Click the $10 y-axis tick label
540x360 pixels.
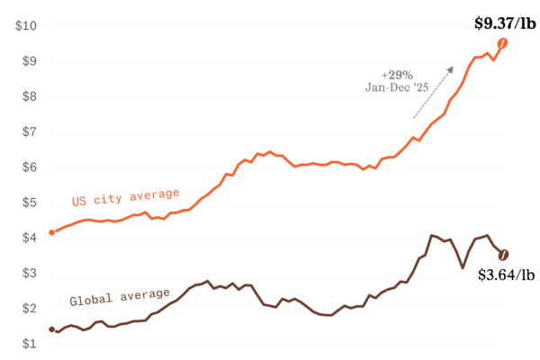pos(26,26)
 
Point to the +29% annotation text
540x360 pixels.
pos(396,74)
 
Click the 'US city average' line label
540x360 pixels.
pos(126,197)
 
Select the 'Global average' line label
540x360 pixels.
pos(120,296)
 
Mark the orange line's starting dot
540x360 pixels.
pos(51,232)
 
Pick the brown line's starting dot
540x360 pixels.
pos(51,329)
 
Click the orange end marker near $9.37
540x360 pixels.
pos(504,43)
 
